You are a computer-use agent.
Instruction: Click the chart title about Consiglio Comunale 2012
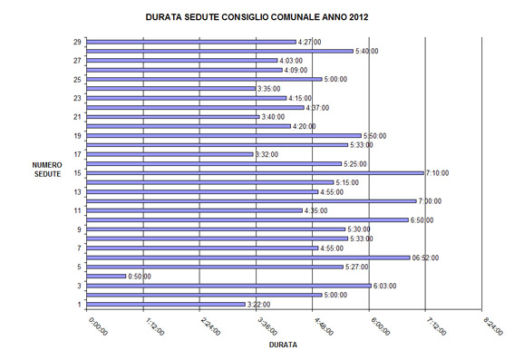pos(257,16)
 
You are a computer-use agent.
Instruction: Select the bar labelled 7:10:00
pos(257,173)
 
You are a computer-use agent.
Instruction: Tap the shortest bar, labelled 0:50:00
pos(107,276)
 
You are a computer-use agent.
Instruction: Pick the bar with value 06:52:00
pos(249,258)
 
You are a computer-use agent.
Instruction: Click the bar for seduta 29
pos(192,42)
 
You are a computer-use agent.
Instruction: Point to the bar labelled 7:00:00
pos(252,201)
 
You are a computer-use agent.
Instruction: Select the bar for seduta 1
pos(167,305)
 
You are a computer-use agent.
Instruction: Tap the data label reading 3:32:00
pos(268,154)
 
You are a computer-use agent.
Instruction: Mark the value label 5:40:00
pos(367,52)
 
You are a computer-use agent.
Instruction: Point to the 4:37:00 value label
pos(318,108)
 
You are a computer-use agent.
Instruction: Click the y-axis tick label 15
pos(79,173)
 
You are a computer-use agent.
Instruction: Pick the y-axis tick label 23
pos(79,98)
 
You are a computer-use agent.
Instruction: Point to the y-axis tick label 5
pos(81,267)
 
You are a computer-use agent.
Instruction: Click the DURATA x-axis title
pos(284,345)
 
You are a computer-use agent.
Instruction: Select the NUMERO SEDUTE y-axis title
pos(46,170)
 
